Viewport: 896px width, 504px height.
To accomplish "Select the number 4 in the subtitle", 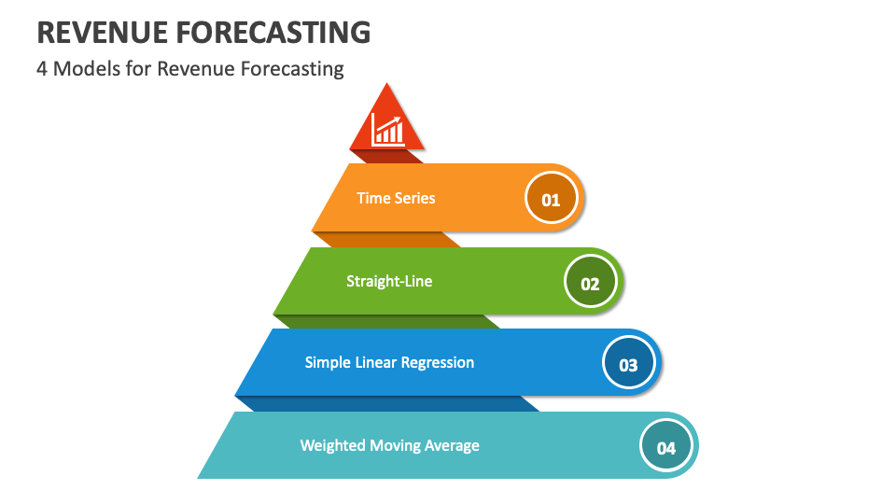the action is click(x=42, y=69).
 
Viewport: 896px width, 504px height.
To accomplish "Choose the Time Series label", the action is click(x=396, y=198).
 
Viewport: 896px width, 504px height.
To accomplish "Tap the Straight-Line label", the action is click(x=389, y=281).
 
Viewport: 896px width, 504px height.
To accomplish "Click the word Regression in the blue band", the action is click(x=438, y=363).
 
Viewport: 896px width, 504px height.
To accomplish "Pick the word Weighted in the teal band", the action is click(x=332, y=446).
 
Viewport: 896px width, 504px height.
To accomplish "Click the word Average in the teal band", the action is click(x=452, y=446).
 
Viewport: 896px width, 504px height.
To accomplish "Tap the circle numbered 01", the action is click(x=552, y=198).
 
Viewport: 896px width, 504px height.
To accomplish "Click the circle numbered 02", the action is click(x=590, y=282).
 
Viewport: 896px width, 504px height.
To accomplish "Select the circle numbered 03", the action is click(x=628, y=363).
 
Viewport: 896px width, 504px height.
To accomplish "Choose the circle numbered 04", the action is click(x=666, y=446).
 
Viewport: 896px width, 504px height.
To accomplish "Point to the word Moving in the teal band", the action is click(x=395, y=446).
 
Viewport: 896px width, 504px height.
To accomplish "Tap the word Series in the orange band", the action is click(x=414, y=198).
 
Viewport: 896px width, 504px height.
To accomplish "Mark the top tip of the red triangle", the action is click(x=386, y=83).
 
